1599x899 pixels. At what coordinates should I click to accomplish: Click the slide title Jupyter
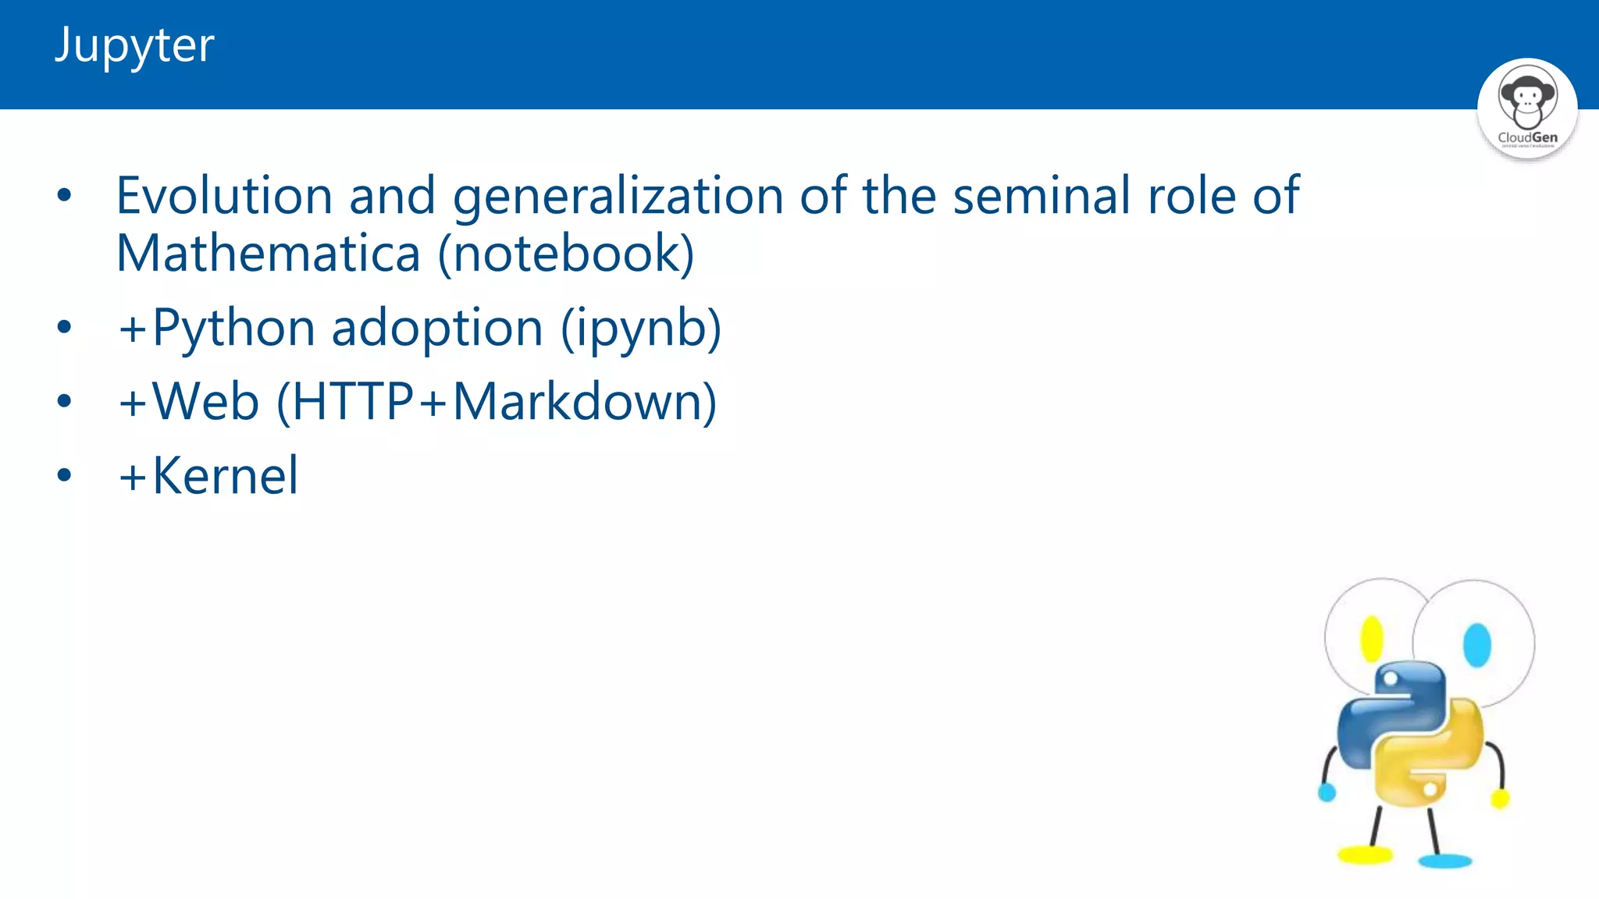point(134,45)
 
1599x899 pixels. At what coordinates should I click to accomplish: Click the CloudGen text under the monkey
point(1527,137)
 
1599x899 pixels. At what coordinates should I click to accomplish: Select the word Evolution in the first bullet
point(225,195)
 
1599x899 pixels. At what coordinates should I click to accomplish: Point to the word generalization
point(618,197)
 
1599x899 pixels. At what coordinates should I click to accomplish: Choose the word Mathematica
point(269,254)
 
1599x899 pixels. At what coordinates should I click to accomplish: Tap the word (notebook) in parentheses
point(566,254)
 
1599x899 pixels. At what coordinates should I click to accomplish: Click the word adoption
point(437,328)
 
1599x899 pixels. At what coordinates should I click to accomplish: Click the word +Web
point(188,401)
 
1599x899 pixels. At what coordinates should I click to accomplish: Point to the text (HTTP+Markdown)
point(497,403)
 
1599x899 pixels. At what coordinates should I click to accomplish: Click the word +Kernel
point(208,475)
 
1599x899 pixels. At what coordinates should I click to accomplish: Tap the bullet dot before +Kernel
point(64,474)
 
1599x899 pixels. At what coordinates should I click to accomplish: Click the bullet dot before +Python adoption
point(64,327)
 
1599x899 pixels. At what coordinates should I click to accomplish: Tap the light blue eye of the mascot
point(1476,645)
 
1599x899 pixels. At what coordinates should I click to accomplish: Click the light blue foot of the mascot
point(1445,861)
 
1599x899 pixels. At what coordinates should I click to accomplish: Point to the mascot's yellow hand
point(1500,798)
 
